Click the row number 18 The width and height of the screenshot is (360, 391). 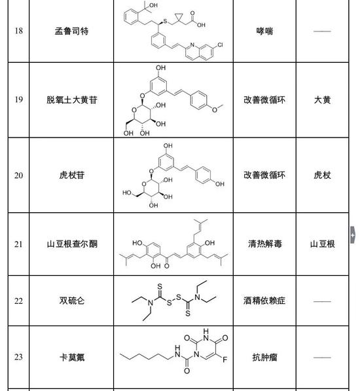[x=19, y=31]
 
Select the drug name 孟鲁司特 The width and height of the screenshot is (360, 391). [x=71, y=31]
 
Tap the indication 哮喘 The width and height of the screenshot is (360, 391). [x=264, y=31]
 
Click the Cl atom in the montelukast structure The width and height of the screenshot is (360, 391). [x=220, y=45]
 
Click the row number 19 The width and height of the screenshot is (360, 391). [x=19, y=100]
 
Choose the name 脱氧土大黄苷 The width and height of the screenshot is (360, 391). [x=72, y=100]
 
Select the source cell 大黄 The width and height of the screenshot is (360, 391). [x=323, y=100]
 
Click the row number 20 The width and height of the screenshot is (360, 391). [x=19, y=176]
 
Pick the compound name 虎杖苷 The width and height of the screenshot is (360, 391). [x=72, y=175]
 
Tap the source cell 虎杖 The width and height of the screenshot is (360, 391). [x=323, y=175]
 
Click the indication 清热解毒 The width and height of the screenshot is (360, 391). [x=264, y=244]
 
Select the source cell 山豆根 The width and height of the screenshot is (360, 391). [x=323, y=244]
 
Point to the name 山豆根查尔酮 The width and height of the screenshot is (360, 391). [x=72, y=244]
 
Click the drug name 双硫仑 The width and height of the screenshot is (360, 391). [x=72, y=301]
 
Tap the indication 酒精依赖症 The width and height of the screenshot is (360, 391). [x=264, y=301]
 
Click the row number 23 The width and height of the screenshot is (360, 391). [x=19, y=357]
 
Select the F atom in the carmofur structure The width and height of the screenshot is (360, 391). [x=225, y=360]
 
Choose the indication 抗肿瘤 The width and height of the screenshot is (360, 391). [x=264, y=358]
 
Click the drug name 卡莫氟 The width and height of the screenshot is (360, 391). [x=72, y=358]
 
